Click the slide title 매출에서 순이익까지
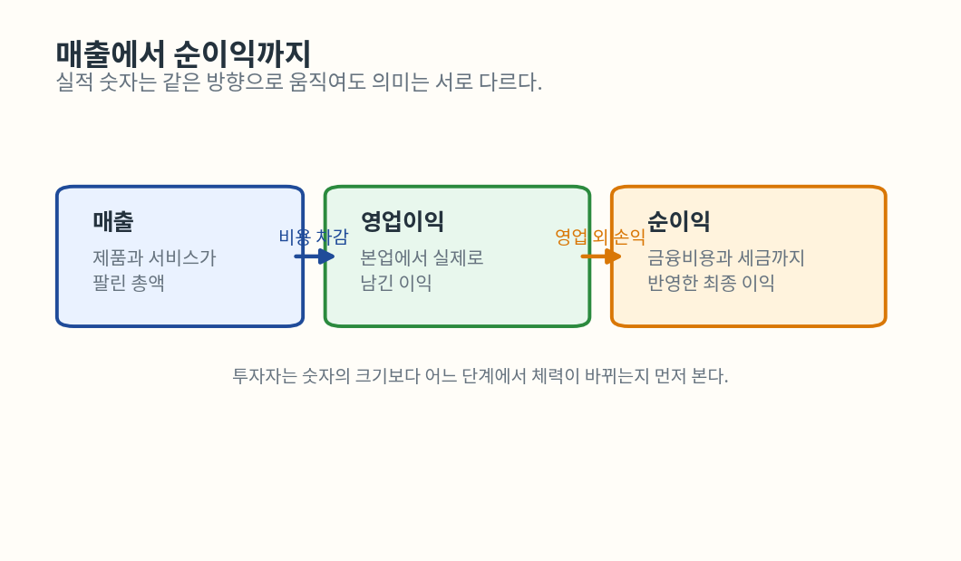pyautogui.click(x=184, y=53)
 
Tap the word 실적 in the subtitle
pyautogui.click(x=74, y=82)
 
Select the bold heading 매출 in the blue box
pyautogui.click(x=112, y=221)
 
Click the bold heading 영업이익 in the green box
pyautogui.click(x=402, y=221)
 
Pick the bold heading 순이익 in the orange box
pyautogui.click(x=679, y=221)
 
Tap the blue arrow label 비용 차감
pyautogui.click(x=313, y=237)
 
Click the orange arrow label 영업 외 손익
pyautogui.click(x=600, y=237)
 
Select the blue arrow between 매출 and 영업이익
pyautogui.click(x=315, y=256)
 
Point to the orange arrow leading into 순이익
pyautogui.click(x=601, y=256)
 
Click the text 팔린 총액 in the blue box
pyautogui.click(x=129, y=283)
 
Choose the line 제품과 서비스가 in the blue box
pyautogui.click(x=154, y=257)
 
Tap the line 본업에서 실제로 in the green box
pyautogui.click(x=422, y=257)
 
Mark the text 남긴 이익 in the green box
pyautogui.click(x=396, y=283)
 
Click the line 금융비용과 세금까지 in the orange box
pyautogui.click(x=726, y=257)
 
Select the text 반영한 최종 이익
pyautogui.click(x=711, y=283)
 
